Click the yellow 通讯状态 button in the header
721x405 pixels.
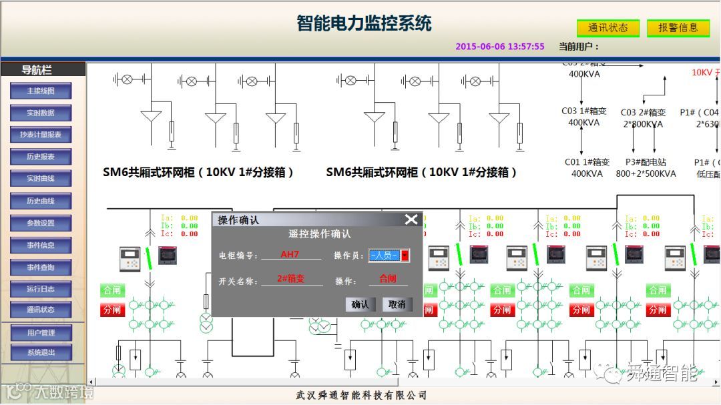pos(608,28)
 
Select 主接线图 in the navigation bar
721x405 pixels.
pos(41,91)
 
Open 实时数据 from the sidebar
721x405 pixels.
pos(41,113)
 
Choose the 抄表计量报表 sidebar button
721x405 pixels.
pos(41,135)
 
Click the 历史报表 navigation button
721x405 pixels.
pos(41,157)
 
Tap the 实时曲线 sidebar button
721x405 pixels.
pos(41,179)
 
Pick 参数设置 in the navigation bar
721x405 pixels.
pos(41,223)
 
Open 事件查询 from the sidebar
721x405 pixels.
pos(41,268)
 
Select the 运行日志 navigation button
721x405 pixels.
pos(41,290)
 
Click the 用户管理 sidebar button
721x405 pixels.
pos(41,332)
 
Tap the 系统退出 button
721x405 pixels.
pos(41,352)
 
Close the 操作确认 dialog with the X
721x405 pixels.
pos(411,220)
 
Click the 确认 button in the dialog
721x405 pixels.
pos(360,304)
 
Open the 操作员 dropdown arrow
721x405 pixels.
pos(405,256)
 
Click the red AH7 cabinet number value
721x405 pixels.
pos(290,254)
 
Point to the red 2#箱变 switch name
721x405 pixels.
pos(290,279)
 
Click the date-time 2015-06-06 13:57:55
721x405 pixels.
pos(500,47)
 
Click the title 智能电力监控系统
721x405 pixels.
pos(365,23)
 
